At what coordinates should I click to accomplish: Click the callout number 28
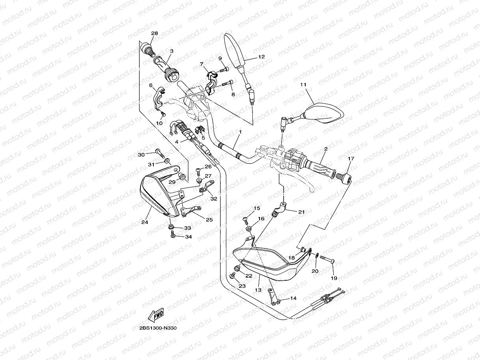coord(154,34)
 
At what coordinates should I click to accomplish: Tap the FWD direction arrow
coord(156,315)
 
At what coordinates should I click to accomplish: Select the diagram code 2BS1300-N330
coord(158,328)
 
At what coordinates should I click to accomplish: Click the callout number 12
coord(261,57)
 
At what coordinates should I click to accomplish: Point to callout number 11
coord(303,85)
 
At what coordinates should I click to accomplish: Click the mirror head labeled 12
coord(235,51)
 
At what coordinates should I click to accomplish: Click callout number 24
coord(145,222)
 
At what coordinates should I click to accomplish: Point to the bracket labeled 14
coord(274,297)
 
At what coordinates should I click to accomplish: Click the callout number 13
coord(258,290)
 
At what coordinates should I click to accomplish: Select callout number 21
coord(302,212)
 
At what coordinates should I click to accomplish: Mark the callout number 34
coord(189,237)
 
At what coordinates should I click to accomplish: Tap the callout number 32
coord(214,199)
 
